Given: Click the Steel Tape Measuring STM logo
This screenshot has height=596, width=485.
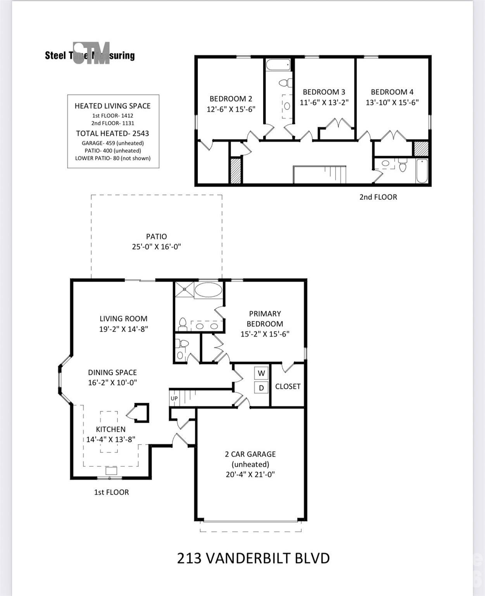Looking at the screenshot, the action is point(90,54).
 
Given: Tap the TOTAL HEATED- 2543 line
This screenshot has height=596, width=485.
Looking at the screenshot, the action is point(113,133).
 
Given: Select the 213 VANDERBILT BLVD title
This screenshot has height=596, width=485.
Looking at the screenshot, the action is point(253,558).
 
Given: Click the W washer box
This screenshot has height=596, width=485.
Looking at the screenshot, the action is point(261,373).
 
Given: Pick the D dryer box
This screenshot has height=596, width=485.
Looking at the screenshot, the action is point(261,388).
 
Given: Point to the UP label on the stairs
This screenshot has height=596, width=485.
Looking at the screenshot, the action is point(174,398).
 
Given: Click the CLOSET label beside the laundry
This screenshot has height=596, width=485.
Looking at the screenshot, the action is point(288,386).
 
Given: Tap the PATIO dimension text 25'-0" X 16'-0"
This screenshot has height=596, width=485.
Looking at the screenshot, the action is point(157,247).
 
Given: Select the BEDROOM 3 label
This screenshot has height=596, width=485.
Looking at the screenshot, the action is point(324,92).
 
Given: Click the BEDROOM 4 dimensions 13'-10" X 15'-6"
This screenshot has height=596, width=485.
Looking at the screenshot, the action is point(392,102).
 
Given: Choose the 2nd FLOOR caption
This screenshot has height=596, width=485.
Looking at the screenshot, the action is point(378,197).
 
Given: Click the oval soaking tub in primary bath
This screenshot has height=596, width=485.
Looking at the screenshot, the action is point(208,290).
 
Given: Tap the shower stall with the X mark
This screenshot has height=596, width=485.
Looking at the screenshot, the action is point(185,289).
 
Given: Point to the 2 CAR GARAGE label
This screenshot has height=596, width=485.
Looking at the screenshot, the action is point(250,454).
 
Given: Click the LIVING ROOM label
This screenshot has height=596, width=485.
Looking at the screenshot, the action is point(124,319).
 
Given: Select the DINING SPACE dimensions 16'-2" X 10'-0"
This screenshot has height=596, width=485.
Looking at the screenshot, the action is point(113,383).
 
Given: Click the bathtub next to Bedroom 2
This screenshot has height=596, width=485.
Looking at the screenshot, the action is point(278,65).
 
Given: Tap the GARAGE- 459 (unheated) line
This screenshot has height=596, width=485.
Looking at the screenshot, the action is point(113,143).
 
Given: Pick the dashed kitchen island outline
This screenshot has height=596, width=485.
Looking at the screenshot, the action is point(109,432).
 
